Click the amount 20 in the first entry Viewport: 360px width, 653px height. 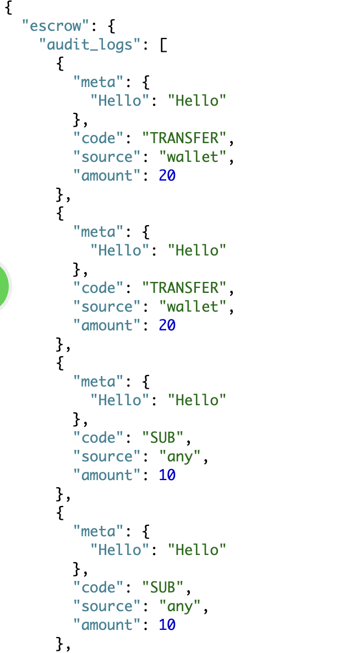[x=167, y=175]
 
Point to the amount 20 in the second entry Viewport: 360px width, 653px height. [x=167, y=325]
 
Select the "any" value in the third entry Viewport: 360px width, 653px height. [x=179, y=456]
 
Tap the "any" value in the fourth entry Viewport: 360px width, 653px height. [x=179, y=606]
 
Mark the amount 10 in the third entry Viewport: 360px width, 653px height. [x=167, y=475]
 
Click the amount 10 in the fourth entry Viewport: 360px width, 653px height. [x=167, y=624]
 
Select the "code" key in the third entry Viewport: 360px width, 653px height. [x=99, y=437]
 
